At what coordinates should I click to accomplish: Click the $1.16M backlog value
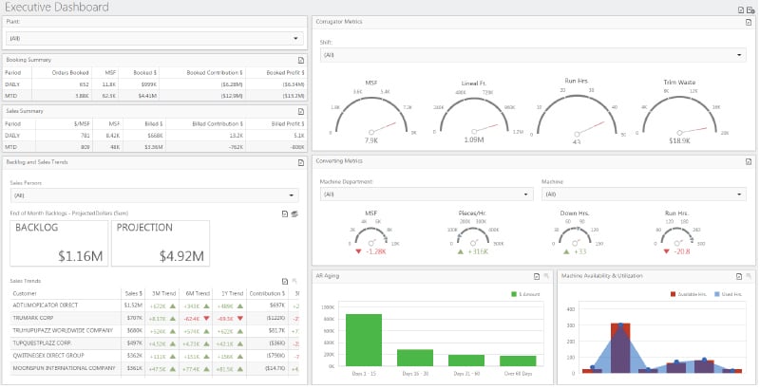click(80, 255)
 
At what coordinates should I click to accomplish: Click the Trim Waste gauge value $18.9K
click(678, 139)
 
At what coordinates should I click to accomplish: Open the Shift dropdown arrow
click(747, 56)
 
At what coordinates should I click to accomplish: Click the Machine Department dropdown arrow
click(525, 194)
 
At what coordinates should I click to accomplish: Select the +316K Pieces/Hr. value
click(478, 251)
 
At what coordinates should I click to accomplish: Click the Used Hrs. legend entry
click(731, 295)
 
